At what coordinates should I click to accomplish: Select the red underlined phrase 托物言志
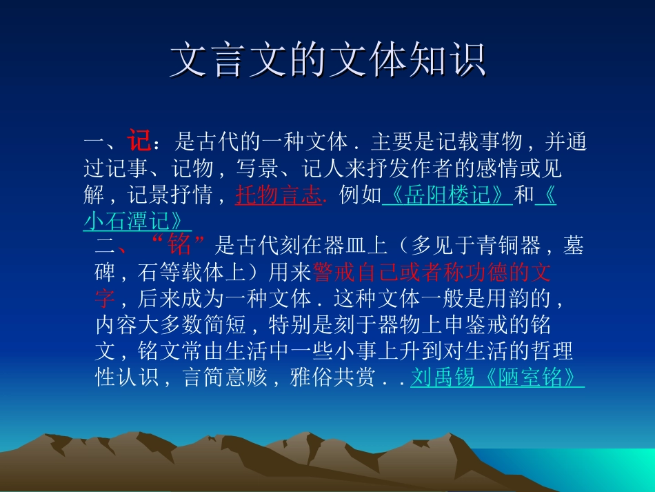279,196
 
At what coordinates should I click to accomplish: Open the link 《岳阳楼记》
447,196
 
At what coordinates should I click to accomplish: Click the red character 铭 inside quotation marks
179,245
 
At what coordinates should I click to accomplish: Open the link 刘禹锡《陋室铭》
496,378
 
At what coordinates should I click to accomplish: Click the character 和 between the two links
524,196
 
